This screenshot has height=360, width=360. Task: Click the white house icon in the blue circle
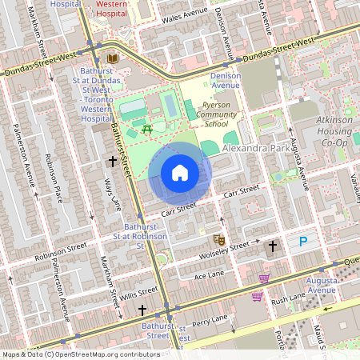[180, 173]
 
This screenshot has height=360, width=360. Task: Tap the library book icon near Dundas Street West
[113, 59]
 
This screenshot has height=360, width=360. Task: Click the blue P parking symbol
[302, 241]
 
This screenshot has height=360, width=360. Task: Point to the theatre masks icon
[218, 239]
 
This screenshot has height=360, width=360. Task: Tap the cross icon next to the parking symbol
[274, 246]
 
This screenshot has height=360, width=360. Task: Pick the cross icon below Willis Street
[142, 309]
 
